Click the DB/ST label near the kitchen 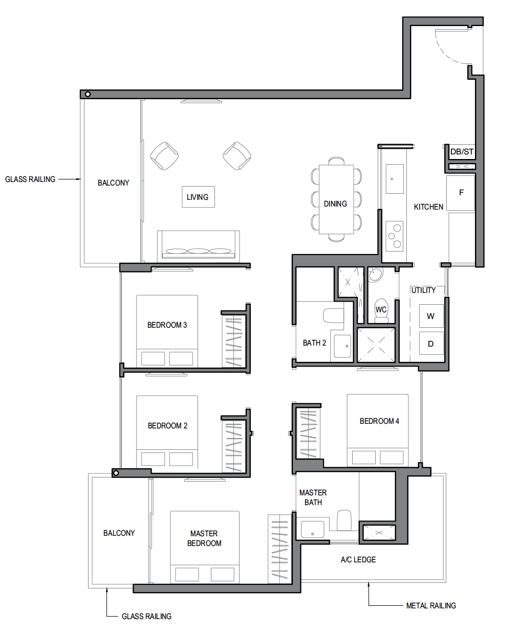(x=462, y=152)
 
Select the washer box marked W (x=431, y=316)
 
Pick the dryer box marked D (x=431, y=344)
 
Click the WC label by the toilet (x=381, y=310)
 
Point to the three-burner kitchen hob (x=395, y=236)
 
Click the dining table (x=336, y=199)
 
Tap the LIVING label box (x=198, y=197)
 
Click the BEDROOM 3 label (x=167, y=325)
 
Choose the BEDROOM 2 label (x=167, y=425)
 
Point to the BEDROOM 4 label (x=379, y=421)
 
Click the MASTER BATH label (x=313, y=497)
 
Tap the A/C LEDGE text (x=358, y=560)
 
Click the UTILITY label (x=423, y=290)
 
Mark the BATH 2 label (x=314, y=343)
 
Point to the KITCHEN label (x=428, y=207)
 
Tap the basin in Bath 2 (x=342, y=346)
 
